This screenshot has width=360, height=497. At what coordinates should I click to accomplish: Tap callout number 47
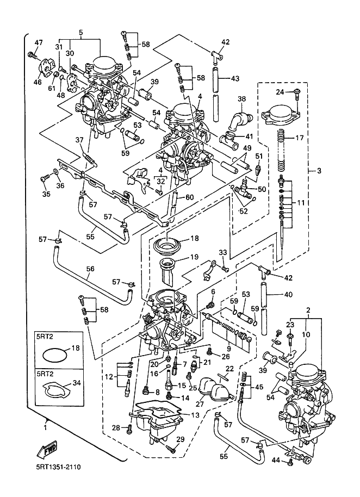(38, 43)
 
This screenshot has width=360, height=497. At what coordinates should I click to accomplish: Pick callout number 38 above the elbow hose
(241, 99)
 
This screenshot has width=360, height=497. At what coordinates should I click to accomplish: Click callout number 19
(194, 257)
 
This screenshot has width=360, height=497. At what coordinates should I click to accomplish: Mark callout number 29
(181, 439)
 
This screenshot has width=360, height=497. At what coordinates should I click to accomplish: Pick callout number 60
(190, 197)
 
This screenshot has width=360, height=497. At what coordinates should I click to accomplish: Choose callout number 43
(235, 78)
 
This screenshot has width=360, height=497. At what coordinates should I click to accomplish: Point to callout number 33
(222, 252)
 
